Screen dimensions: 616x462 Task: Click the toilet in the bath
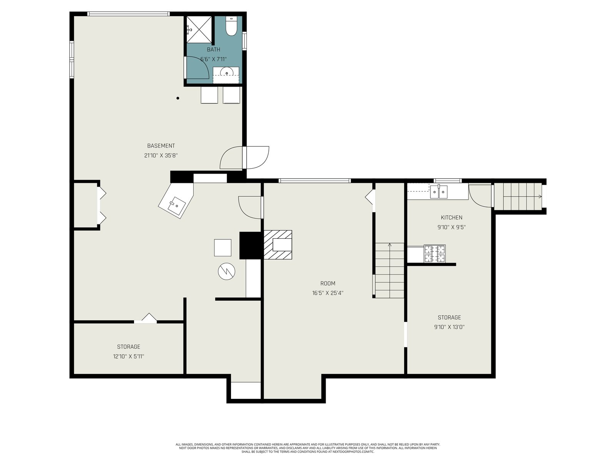231,26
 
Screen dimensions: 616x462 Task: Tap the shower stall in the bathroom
199,30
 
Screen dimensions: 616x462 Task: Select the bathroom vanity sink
226,72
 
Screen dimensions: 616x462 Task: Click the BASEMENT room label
161,146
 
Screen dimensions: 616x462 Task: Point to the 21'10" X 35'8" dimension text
161,156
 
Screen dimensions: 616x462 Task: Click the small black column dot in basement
177,98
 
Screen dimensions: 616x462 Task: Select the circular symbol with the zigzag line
226,271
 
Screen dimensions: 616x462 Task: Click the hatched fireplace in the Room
278,244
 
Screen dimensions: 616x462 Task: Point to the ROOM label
328,283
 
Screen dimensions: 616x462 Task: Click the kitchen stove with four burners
435,254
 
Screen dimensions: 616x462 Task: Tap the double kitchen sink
439,192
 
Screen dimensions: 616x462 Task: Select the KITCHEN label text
452,218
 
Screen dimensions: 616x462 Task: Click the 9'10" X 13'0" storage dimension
449,327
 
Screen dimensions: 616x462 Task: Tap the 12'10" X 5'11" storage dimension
129,357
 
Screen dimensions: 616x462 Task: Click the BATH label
214,50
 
